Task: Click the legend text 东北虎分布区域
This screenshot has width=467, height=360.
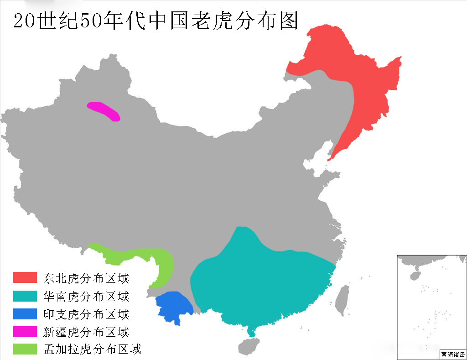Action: [86, 278]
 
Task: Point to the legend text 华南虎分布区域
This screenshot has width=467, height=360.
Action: [86, 296]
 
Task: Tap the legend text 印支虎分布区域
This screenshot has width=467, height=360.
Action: [86, 313]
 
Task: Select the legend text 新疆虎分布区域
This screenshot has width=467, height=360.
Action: [86, 332]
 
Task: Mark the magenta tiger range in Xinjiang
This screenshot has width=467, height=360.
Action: [104, 111]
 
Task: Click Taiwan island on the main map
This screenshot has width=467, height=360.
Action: [342, 299]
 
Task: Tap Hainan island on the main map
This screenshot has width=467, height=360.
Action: [249, 346]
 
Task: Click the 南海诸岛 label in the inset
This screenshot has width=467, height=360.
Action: [453, 355]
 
